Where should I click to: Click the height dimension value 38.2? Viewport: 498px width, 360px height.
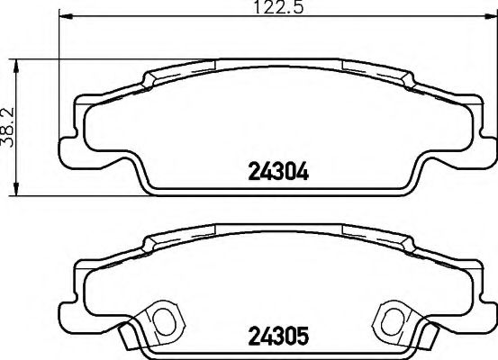10,127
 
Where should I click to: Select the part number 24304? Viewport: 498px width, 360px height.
278,172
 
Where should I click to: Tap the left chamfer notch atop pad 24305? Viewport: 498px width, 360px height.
148,244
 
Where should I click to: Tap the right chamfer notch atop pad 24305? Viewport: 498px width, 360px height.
407,244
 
